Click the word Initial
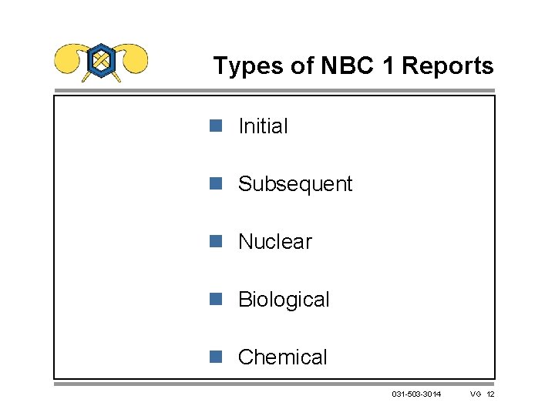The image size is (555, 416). pos(263,126)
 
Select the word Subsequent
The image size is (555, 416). pos(295,184)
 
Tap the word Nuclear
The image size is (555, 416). pos(275,242)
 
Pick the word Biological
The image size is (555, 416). pos(284,300)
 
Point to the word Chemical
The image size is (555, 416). pos(283,357)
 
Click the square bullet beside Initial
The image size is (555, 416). pos(216,126)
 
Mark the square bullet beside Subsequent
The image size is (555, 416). pos(216,183)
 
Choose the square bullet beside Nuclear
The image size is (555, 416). pos(216,241)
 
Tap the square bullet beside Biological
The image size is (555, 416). pos(216,299)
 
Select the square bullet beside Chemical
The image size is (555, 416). pos(216,357)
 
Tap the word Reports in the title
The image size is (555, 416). pos(447,66)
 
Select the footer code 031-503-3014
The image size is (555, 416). pos(416,394)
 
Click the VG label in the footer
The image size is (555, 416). pos(476,394)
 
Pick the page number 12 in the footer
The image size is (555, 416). pos(491,394)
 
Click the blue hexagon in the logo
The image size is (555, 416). pos(101,60)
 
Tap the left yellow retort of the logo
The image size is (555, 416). pos(69,59)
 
